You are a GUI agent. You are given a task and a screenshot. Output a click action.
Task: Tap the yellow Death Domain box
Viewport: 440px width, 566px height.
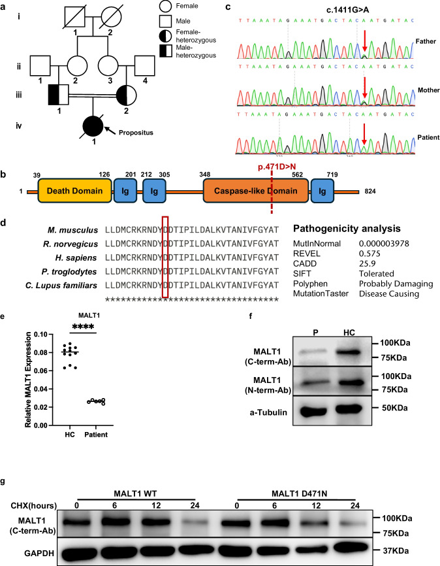click(x=74, y=191)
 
